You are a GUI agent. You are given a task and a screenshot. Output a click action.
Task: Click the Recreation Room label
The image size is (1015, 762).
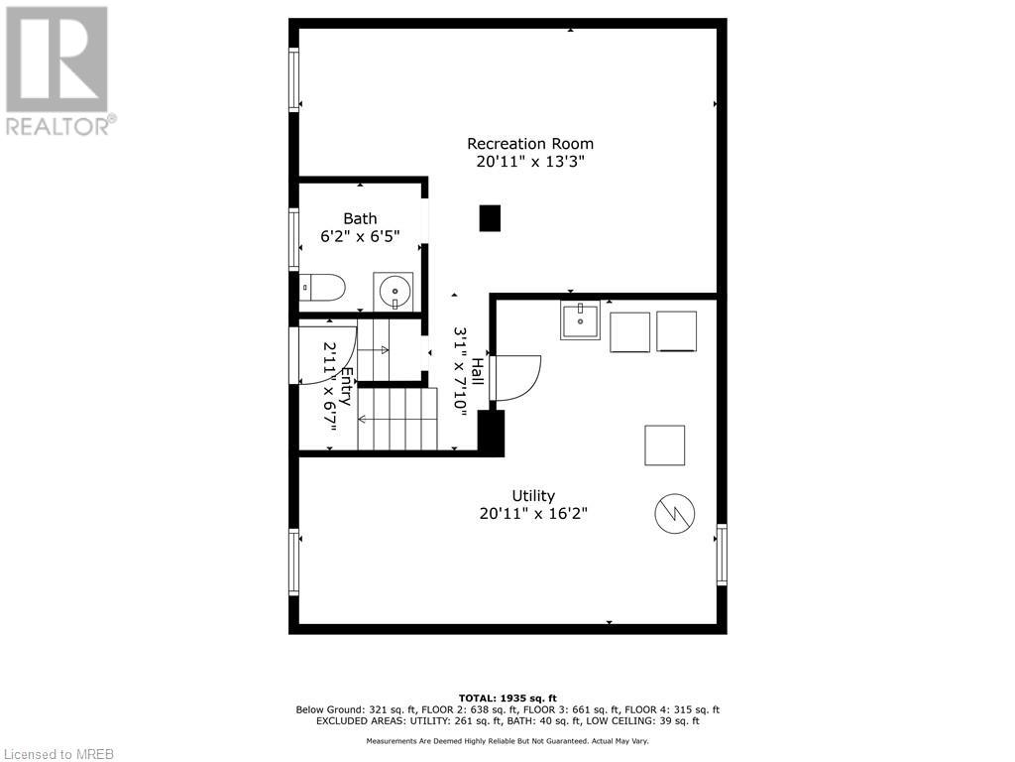[x=530, y=144]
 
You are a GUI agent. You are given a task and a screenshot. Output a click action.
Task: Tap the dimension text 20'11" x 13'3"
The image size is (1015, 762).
[x=530, y=162]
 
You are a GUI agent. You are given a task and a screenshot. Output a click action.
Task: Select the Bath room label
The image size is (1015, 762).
[x=360, y=218]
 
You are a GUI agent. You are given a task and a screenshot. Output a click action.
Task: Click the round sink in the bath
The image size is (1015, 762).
[x=394, y=292]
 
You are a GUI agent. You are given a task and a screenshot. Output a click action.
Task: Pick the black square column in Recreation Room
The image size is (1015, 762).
[x=490, y=218]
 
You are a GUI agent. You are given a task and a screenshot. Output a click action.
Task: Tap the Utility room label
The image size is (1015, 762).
[x=533, y=495]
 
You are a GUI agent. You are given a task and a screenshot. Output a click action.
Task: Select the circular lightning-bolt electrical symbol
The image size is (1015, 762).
[x=674, y=513]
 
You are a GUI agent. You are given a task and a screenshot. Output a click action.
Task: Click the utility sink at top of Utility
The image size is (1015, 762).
[x=580, y=320]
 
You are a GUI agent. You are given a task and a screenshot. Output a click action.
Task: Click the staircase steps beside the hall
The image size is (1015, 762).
[x=397, y=419]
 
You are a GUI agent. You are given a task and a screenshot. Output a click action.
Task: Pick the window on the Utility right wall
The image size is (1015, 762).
[x=722, y=555]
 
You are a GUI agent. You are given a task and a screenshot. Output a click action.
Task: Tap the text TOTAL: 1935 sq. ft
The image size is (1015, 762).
[x=507, y=698]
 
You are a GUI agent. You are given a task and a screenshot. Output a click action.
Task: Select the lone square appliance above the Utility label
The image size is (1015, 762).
[x=664, y=444]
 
